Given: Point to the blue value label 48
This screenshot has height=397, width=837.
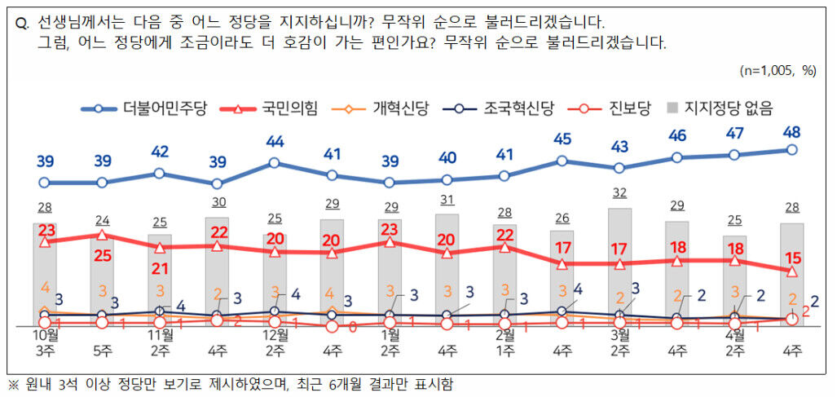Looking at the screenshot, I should [x=791, y=131].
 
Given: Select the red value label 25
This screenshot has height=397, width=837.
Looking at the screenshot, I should [x=103, y=256].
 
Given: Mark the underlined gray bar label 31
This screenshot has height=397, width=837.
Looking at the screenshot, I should [x=447, y=199].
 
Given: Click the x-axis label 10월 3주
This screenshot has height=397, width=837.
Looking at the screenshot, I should [x=45, y=342].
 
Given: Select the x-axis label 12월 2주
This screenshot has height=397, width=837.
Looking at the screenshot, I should [x=275, y=342].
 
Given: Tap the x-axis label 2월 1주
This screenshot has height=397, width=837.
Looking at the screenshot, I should [x=505, y=342].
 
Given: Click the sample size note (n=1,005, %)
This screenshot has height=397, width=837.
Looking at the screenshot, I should [x=778, y=71].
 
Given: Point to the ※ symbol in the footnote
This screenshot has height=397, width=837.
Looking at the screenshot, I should [x=12, y=383].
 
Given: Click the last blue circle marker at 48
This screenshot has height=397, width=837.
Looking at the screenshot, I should [x=791, y=150].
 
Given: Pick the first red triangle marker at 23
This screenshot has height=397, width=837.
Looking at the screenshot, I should [x=45, y=242].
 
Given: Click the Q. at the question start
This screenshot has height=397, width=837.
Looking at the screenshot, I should [x=24, y=23].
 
